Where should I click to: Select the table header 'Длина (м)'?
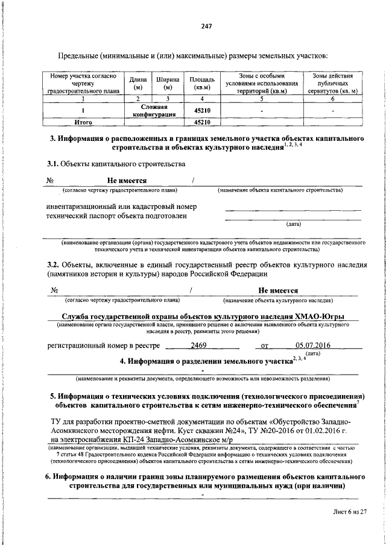coord(138,84)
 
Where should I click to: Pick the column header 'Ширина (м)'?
coord(168,84)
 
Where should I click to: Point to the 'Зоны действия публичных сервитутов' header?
coord(332,84)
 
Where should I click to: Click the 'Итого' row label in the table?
coord(82,122)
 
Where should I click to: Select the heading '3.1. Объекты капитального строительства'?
coord(116,163)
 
